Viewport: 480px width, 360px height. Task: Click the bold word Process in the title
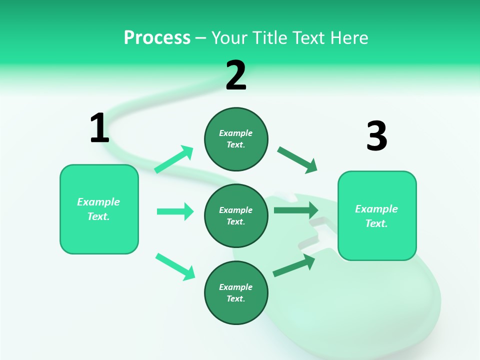pos(157,38)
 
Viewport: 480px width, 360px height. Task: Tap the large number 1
pos(99,128)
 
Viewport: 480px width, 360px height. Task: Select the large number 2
pos(236,75)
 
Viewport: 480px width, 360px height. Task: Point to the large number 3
pos(376,136)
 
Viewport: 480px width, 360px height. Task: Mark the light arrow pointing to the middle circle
pos(175,211)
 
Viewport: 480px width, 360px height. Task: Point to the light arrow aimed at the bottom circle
pos(175,266)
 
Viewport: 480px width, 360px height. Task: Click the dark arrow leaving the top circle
pos(297,160)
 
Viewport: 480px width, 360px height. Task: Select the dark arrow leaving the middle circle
pos(296,210)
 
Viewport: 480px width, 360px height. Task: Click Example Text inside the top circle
pos(236,139)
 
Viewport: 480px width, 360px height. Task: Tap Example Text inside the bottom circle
pos(236,293)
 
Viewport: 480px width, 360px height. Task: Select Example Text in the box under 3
pos(376,216)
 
